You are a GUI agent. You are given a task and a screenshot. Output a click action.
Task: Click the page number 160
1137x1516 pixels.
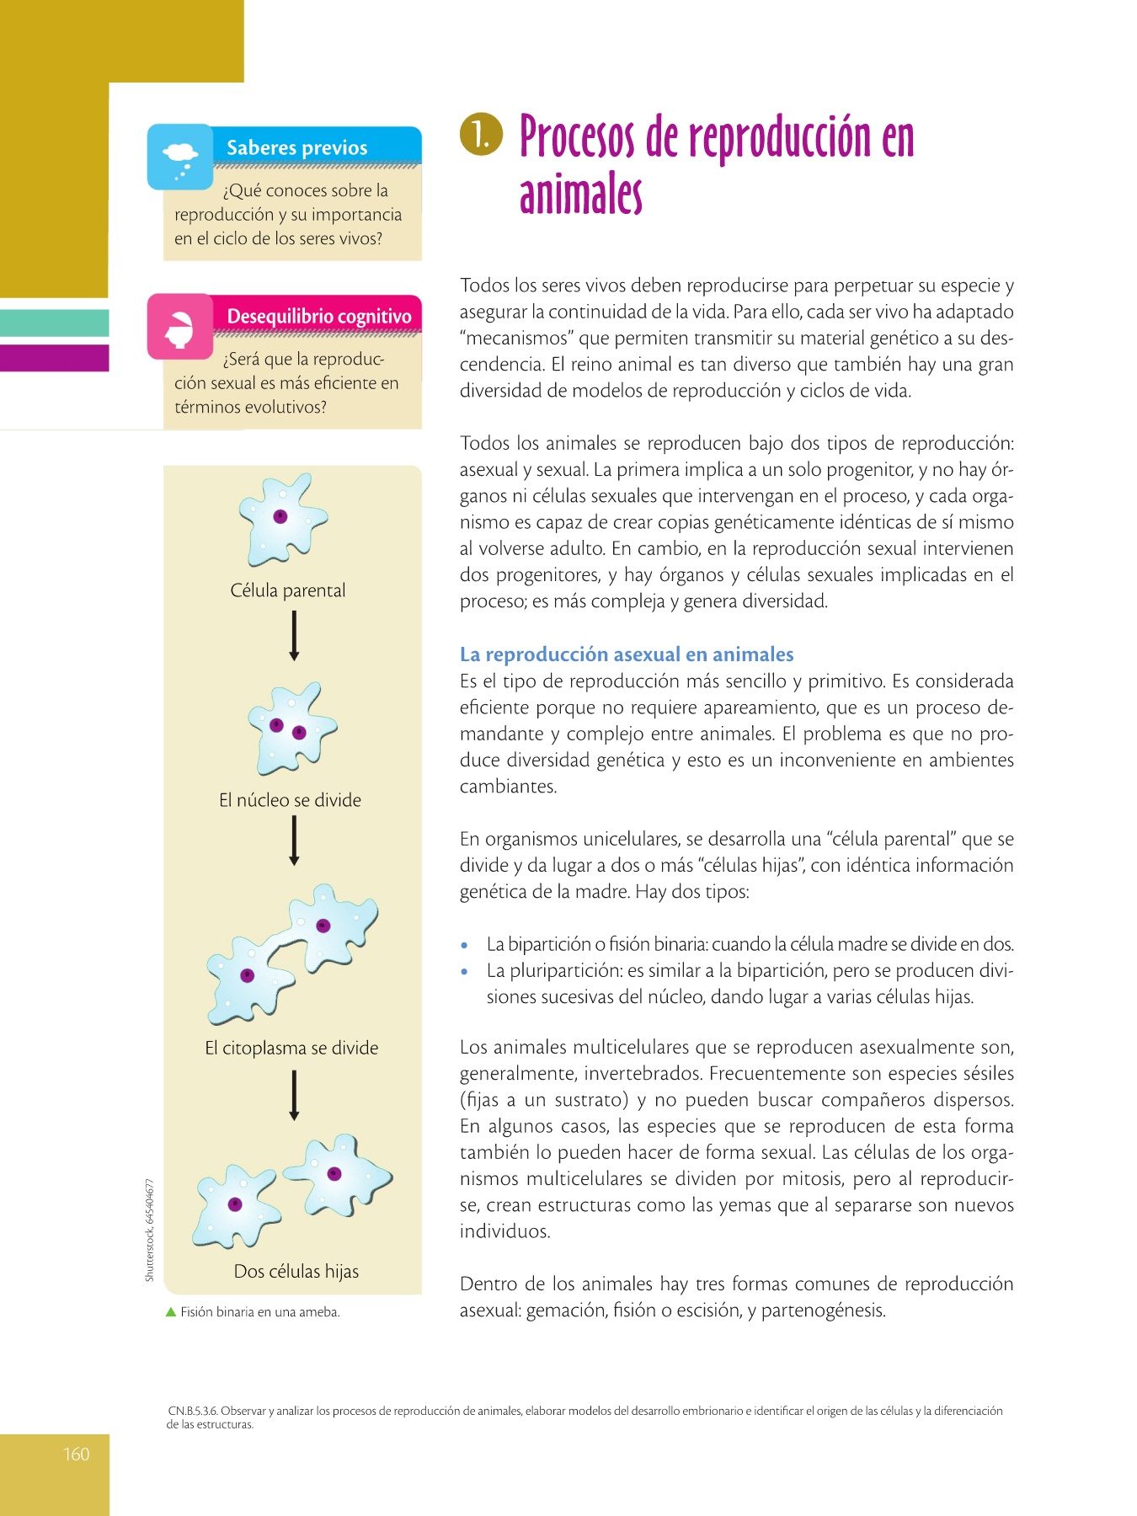tap(76, 1454)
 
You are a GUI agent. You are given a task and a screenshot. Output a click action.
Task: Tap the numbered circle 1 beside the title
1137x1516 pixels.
tap(481, 135)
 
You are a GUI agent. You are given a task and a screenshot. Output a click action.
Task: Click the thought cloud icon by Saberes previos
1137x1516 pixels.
tap(180, 157)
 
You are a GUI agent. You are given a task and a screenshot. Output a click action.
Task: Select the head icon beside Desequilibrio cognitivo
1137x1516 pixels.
tap(179, 327)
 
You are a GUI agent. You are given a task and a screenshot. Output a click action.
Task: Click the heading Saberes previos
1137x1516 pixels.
tap(296, 147)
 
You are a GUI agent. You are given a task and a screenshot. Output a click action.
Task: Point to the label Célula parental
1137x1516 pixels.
tap(288, 590)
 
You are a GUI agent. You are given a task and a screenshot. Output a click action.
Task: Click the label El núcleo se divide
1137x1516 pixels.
tap(290, 800)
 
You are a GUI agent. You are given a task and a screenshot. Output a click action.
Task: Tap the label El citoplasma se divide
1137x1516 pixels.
tap(291, 1048)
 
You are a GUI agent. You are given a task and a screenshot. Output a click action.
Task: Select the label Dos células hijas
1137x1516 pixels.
tap(296, 1271)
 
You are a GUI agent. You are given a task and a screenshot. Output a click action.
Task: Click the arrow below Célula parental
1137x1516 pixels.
tap(294, 636)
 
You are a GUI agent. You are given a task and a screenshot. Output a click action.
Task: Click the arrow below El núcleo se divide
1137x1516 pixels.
tap(294, 841)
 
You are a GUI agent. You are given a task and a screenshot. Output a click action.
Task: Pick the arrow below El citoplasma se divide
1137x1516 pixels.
tap(294, 1095)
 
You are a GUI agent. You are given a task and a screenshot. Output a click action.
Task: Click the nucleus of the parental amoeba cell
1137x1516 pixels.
tap(280, 516)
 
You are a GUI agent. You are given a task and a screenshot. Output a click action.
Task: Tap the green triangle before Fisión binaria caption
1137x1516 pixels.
tap(171, 1311)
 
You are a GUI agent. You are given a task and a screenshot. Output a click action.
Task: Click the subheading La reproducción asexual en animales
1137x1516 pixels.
tap(627, 654)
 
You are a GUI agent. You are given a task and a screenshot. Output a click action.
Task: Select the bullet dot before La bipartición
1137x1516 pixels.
tap(464, 945)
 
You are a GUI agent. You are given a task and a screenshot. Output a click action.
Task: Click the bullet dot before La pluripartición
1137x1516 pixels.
tap(464, 971)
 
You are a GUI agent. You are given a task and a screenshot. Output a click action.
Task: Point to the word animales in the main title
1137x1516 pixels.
tap(581, 195)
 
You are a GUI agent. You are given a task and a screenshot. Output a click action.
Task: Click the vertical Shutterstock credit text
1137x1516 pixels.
tap(150, 1230)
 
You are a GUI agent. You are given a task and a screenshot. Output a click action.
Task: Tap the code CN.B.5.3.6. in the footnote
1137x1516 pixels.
tap(193, 1411)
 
